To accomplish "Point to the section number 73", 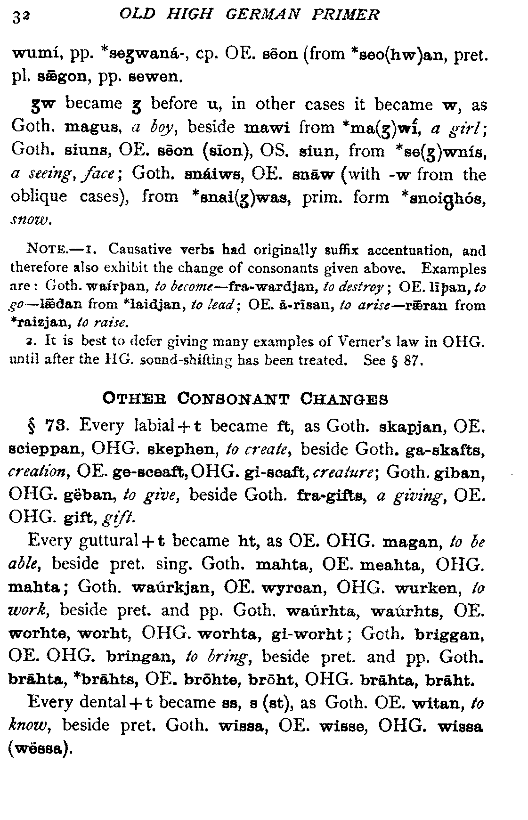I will pyautogui.click(x=60, y=426).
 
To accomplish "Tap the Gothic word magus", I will pyautogui.click(x=91, y=127).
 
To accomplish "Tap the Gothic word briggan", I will pyautogui.click(x=449, y=634).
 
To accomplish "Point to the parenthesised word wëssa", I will pyautogui.click(x=40, y=748).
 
